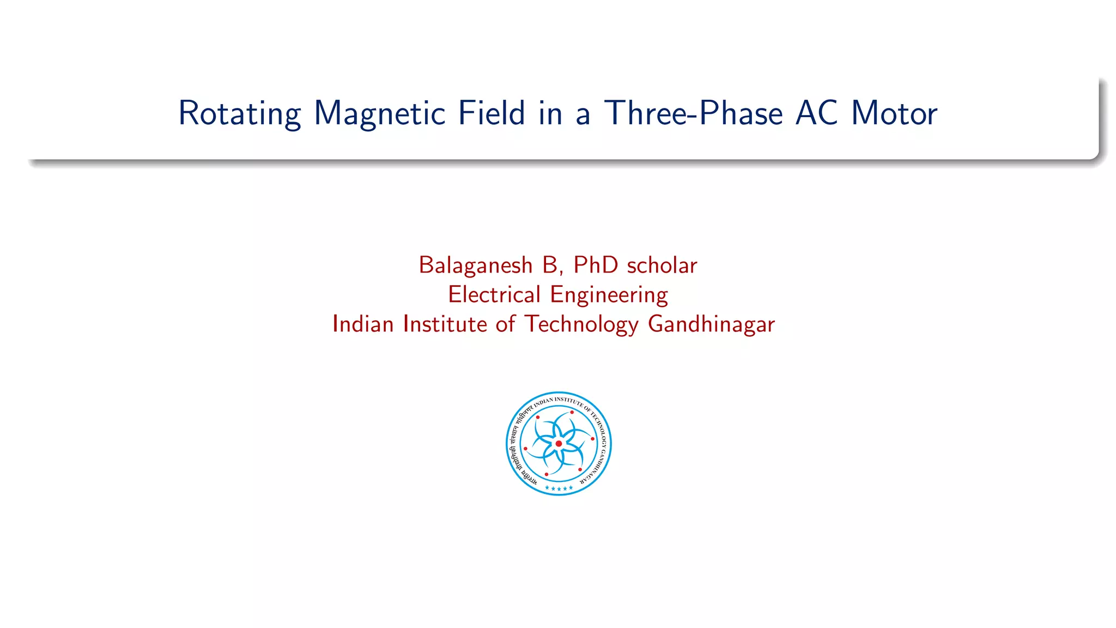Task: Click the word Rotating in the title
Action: [239, 114]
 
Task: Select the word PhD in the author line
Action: [596, 265]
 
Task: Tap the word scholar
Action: [662, 265]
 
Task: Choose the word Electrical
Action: [494, 295]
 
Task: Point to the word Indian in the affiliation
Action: [363, 324]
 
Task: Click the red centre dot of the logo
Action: [559, 444]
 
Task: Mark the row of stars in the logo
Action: [559, 488]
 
